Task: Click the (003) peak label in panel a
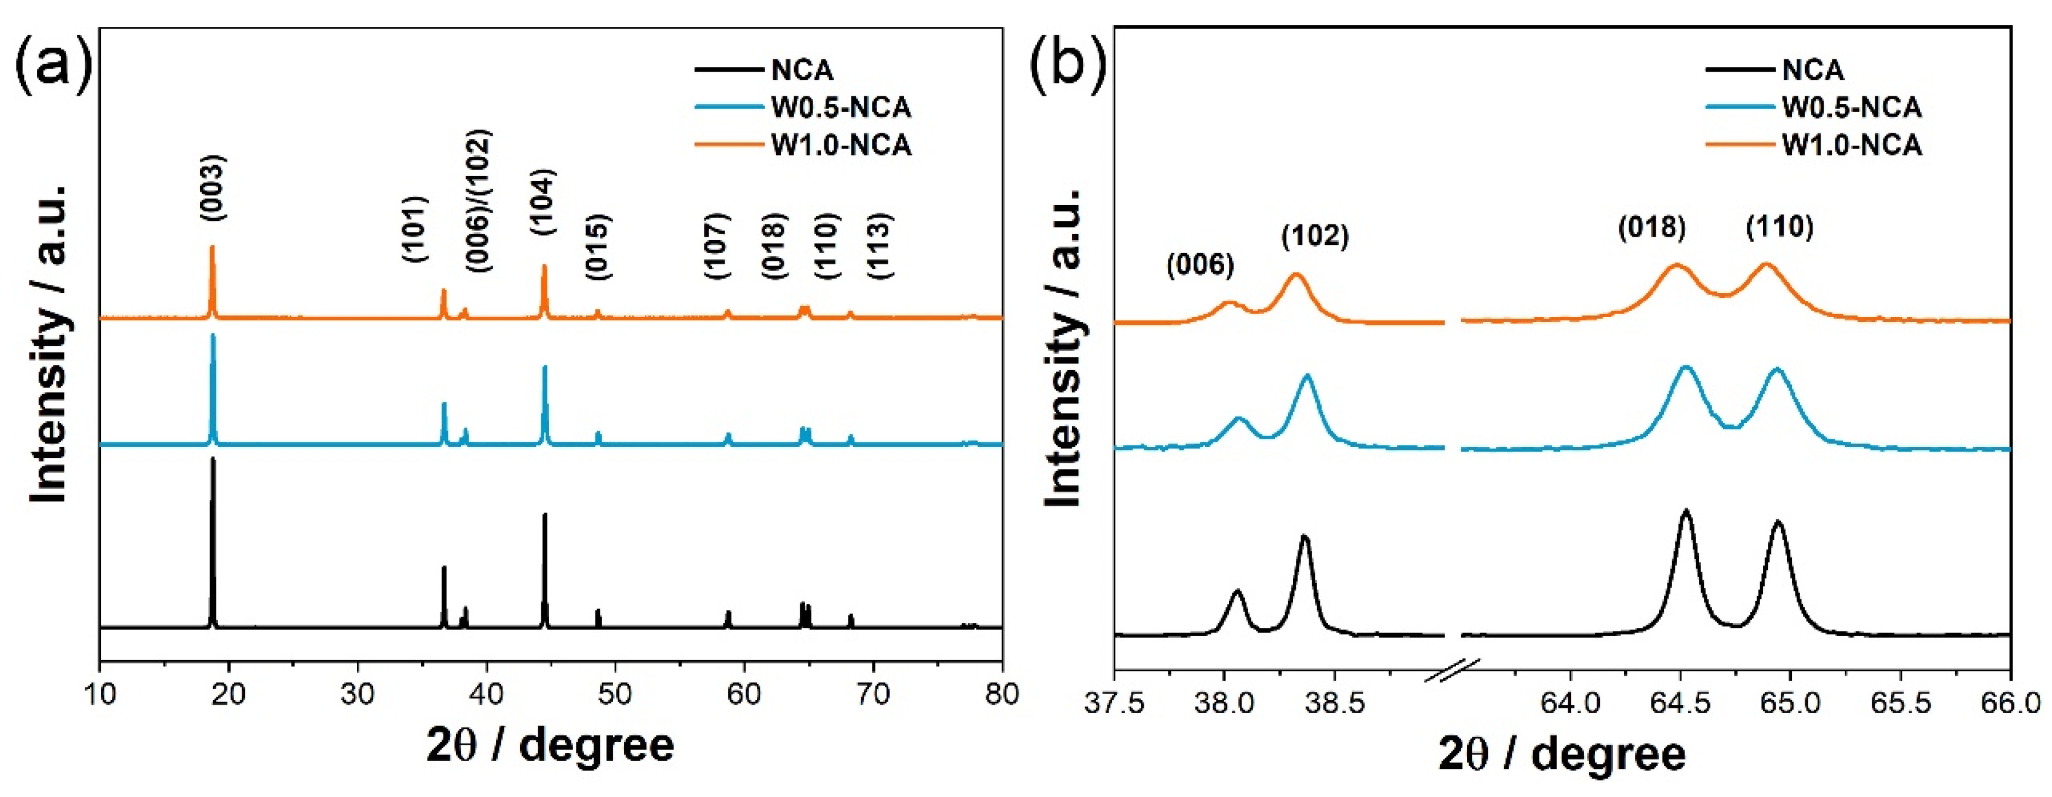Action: [213, 187]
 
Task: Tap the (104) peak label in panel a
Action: [543, 201]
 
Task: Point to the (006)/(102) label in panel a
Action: [479, 201]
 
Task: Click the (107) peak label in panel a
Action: [717, 246]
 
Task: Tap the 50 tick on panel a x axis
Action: [614, 694]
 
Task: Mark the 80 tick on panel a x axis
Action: [1001, 694]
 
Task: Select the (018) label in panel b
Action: [1652, 228]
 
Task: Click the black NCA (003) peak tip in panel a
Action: [213, 460]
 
